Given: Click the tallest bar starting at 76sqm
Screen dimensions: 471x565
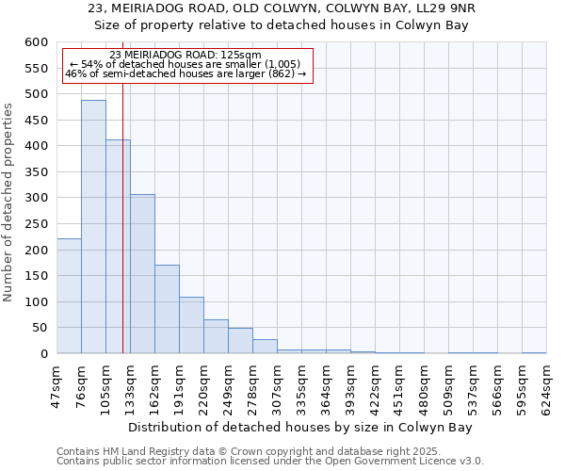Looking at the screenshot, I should pos(93,226).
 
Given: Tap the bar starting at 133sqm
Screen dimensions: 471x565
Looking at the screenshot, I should pos(142,273).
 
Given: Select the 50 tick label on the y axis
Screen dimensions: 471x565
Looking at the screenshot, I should pos(39,328).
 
